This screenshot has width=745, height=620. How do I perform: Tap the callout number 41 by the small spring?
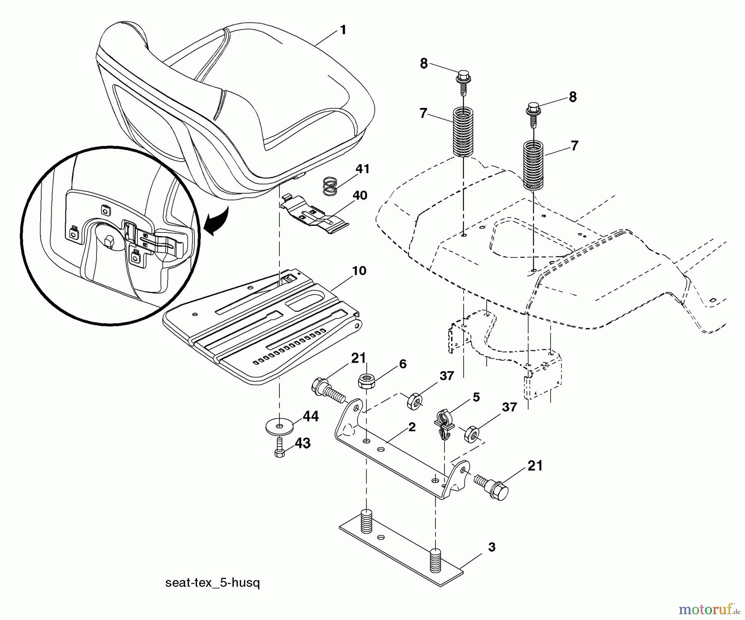[x=363, y=169]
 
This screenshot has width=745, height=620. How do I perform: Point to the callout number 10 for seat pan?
[x=359, y=271]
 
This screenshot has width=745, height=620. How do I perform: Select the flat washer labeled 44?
[x=280, y=425]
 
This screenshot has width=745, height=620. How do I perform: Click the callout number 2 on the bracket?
[x=411, y=427]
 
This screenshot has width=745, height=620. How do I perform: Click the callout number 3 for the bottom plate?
[x=491, y=547]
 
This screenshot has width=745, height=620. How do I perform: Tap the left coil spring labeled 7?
[x=463, y=132]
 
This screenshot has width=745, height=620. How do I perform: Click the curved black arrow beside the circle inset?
[x=218, y=221]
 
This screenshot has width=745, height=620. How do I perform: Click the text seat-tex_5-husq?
[x=212, y=583]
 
